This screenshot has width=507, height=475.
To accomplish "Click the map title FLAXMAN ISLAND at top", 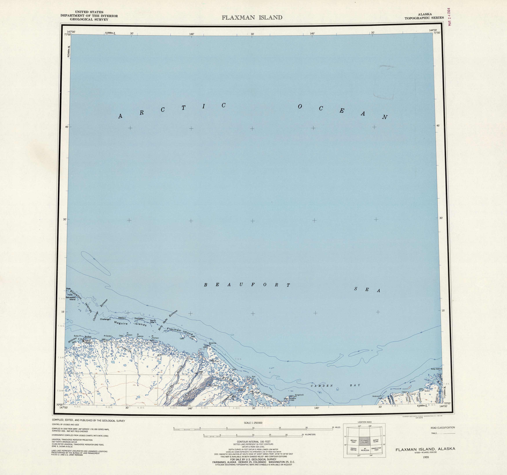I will [252, 18].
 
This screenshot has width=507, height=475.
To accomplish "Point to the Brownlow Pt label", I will [213, 344].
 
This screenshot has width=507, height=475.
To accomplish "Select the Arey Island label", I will [436, 369].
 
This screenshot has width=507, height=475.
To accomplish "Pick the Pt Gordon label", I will [107, 336].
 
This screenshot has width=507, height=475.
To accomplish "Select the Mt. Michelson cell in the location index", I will [365, 450].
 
